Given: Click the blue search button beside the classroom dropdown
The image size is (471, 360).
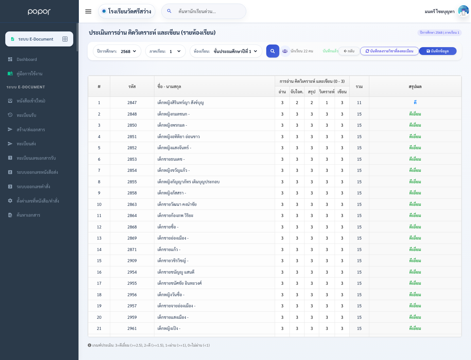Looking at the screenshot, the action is pos(272,51).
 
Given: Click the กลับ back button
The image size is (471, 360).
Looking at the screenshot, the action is pos(349,51).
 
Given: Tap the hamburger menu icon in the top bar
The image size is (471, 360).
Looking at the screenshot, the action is pos(88,11).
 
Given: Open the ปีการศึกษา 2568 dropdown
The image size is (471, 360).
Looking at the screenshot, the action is pos(117,51).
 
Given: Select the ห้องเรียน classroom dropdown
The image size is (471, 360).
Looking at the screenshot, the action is pos(226,51).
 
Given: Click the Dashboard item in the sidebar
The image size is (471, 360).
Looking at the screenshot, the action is pos(26,59).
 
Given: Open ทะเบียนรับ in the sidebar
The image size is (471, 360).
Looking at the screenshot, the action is pos(26,115).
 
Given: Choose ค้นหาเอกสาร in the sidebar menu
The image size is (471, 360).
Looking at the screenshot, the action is pos(28,215).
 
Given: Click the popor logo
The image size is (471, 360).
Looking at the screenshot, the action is pos(39,11).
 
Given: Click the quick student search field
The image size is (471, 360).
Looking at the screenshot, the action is pos(204,11).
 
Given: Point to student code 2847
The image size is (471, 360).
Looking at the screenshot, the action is pos(132,103).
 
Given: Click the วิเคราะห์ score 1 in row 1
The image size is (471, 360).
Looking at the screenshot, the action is pos(327,103).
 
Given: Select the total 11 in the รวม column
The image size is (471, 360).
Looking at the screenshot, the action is pos(359,103).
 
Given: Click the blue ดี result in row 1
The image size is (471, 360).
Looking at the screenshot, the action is pos(415,102).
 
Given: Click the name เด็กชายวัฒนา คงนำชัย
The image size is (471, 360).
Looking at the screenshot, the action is pos(177,204).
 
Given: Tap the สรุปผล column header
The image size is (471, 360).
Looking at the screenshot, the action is pos(415,86).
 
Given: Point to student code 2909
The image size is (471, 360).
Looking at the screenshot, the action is pos(132,261).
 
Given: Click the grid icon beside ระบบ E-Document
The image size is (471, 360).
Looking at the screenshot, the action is pos(65,39).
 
